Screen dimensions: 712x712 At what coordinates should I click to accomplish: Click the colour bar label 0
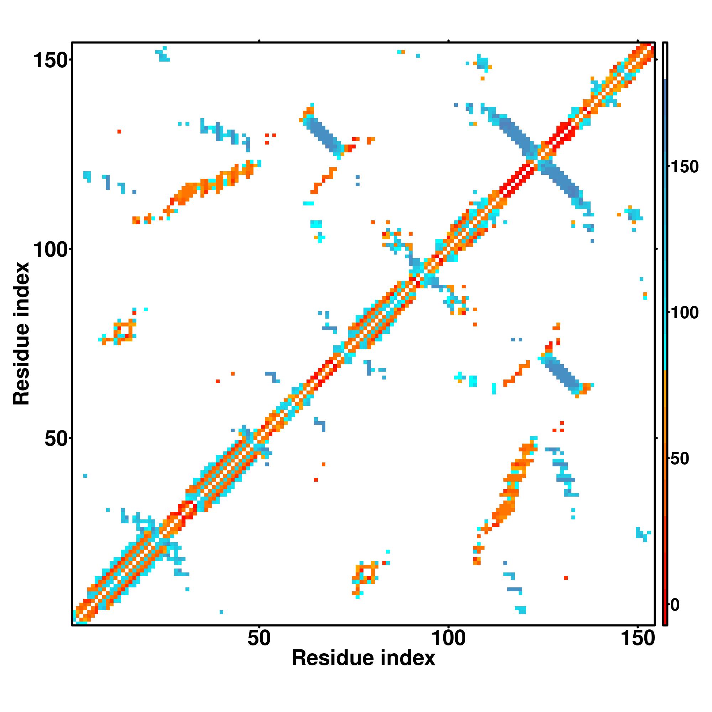tap(675, 605)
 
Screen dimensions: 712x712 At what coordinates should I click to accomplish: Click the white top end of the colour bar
tap(665, 61)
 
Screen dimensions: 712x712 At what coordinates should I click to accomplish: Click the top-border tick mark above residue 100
tap(448, 41)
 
